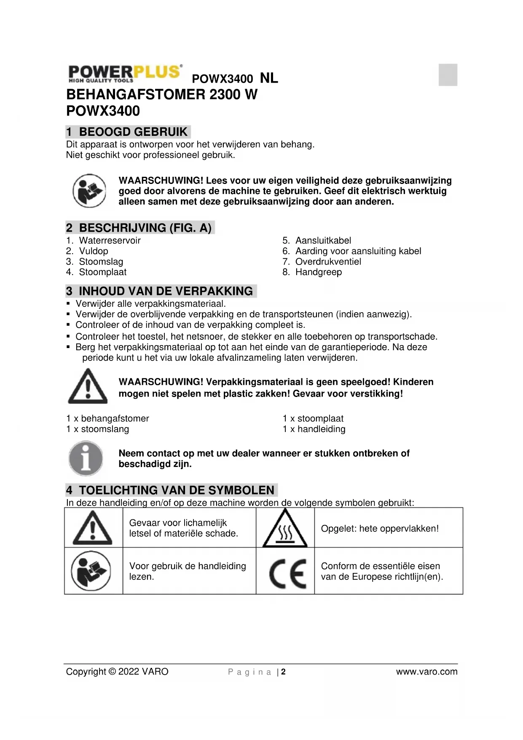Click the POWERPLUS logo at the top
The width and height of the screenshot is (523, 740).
click(125, 73)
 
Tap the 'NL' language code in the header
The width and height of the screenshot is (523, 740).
click(269, 78)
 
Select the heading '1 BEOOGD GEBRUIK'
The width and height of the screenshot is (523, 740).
click(128, 132)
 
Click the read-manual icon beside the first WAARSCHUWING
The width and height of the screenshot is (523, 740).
click(89, 191)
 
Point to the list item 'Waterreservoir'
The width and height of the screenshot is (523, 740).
click(110, 240)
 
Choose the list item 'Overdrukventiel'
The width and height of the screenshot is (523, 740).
click(328, 262)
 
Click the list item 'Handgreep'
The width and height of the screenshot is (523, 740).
click(318, 272)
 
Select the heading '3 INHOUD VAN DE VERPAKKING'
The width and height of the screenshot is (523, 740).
click(161, 291)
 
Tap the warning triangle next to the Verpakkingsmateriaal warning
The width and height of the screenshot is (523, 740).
click(88, 386)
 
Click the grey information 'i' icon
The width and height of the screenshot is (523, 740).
click(86, 458)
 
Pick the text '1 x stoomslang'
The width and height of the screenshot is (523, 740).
click(97, 429)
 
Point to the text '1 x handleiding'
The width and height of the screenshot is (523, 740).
click(314, 429)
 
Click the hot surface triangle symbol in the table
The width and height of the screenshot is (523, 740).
click(285, 529)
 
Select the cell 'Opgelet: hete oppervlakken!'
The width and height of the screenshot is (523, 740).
click(380, 529)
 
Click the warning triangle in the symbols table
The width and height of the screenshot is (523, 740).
click(93, 528)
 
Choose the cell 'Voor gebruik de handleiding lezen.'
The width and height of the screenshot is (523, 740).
click(188, 571)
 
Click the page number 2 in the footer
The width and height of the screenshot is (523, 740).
click(284, 672)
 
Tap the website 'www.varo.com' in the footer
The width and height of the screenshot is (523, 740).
click(426, 672)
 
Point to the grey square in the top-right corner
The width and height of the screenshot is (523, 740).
click(448, 75)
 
